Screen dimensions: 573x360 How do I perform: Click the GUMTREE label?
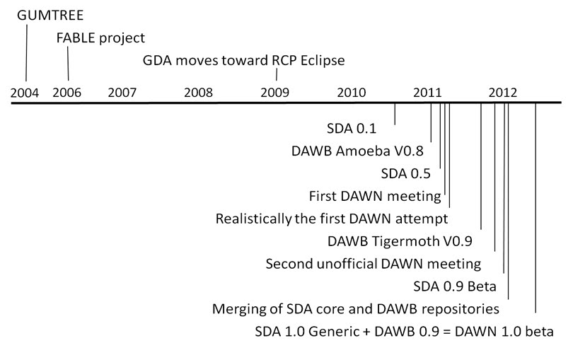tap(50, 16)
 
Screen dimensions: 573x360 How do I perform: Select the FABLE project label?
tap(100, 38)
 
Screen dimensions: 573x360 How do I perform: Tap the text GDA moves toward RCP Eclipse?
tap(244, 61)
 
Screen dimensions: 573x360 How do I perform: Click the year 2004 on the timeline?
tap(25, 93)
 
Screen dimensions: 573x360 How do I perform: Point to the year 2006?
tap(67, 93)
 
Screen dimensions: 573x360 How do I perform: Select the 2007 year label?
tap(122, 93)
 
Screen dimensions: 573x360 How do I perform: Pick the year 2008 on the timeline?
tap(199, 93)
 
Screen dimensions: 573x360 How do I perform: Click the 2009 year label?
tap(274, 93)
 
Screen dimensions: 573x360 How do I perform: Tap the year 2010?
tap(352, 93)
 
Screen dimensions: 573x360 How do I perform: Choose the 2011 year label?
tap(427, 93)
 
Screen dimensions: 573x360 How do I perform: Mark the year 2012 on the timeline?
tap(503, 93)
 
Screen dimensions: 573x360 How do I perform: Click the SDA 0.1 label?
tap(352, 129)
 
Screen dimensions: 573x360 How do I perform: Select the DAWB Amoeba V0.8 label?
tap(357, 151)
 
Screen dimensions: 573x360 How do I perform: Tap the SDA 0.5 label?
tap(405, 173)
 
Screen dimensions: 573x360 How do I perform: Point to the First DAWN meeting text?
tap(375, 196)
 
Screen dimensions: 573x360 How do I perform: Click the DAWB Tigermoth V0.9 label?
tap(400, 242)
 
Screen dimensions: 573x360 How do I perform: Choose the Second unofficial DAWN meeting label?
tap(374, 264)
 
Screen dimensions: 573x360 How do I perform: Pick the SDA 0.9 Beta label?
tap(455, 286)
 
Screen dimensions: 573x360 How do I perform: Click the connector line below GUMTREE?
tap(26, 52)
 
